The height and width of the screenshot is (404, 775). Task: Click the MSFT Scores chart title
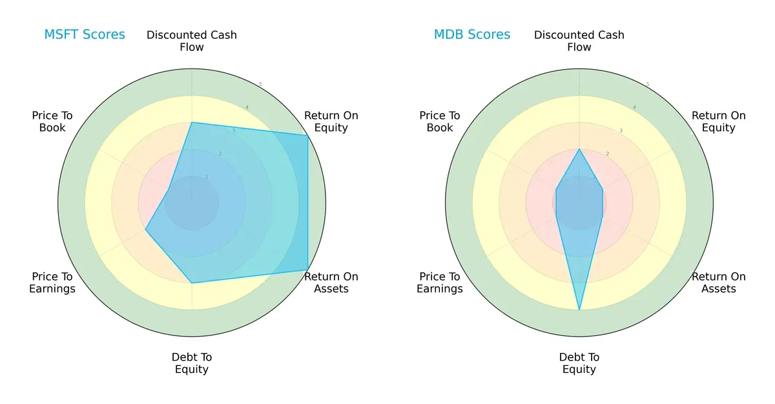tap(85, 34)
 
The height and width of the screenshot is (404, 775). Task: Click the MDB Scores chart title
tap(472, 34)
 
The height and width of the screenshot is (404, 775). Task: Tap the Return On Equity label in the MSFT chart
tap(331, 122)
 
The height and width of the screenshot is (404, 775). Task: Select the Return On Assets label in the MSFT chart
tap(331, 282)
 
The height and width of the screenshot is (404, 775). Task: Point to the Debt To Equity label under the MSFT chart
tap(192, 363)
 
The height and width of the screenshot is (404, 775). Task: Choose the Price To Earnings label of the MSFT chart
tap(52, 282)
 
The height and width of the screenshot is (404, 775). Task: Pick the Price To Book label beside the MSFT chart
tap(52, 122)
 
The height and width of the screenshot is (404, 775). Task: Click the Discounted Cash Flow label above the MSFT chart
tap(192, 41)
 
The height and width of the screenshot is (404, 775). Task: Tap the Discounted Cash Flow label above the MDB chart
tap(579, 41)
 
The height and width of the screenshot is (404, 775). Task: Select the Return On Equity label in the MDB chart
tap(719, 122)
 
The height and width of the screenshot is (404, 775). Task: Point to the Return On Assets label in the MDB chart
tap(719, 282)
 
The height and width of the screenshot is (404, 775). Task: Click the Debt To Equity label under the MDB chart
tap(579, 363)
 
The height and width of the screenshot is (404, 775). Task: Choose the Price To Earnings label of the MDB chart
tap(440, 282)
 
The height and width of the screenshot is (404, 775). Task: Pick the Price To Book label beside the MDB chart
tap(440, 122)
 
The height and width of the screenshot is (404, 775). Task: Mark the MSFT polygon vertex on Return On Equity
tap(307, 135)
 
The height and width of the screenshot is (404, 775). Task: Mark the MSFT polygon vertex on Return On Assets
tap(307, 270)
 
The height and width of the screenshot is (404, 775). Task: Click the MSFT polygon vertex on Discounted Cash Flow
tap(192, 122)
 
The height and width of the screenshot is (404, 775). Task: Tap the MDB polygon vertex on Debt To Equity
tap(579, 310)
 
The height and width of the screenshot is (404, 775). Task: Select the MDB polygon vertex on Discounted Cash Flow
tap(579, 149)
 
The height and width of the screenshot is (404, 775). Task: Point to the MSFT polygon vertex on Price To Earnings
tap(145, 229)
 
